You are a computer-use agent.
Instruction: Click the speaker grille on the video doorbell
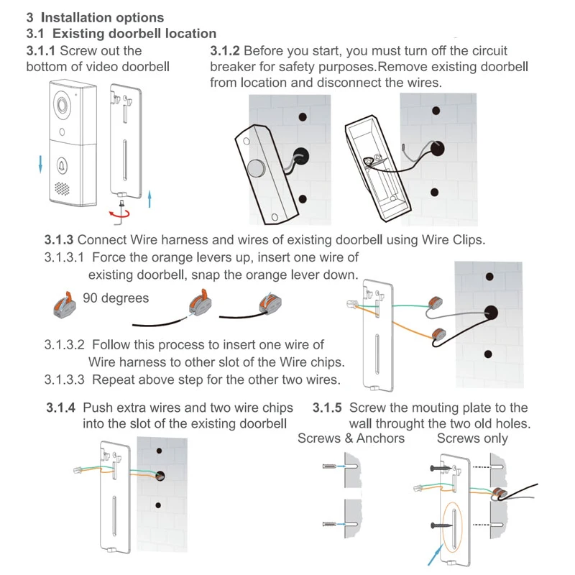point(63,189)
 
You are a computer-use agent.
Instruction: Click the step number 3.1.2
point(225,51)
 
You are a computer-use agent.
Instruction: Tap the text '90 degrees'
point(116,298)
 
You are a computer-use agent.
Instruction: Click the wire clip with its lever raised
point(63,303)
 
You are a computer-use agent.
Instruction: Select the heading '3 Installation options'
point(95,17)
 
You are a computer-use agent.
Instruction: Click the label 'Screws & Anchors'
point(351,438)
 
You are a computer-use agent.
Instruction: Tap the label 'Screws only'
point(472,438)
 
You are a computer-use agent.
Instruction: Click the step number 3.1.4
point(61,408)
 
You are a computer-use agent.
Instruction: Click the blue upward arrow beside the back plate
point(149,198)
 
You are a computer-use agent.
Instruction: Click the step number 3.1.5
point(327,408)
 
